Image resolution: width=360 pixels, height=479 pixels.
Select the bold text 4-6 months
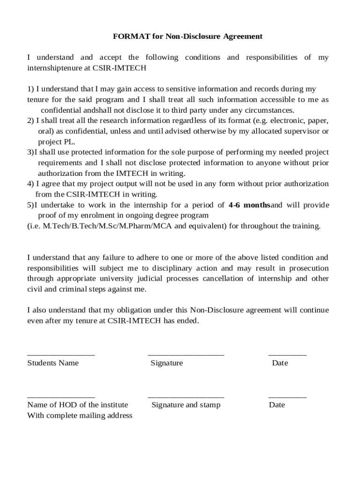click(250, 205)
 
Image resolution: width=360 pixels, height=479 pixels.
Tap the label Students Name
click(53, 363)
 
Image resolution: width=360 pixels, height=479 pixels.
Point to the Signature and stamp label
click(186, 405)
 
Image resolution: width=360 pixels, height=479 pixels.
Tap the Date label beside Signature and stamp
click(277, 405)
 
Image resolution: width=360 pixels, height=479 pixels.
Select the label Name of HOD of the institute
click(78, 405)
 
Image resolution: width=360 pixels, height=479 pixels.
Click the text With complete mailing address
click(79, 416)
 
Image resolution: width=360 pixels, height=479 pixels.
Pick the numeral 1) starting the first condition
click(30, 89)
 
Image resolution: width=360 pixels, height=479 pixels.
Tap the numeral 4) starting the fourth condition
click(30, 184)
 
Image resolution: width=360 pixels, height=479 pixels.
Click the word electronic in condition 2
click(284, 121)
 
